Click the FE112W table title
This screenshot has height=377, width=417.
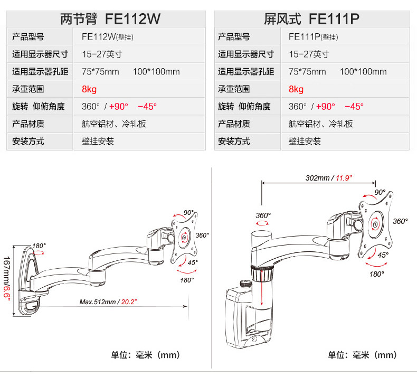(x=110, y=18)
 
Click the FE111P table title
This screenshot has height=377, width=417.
(x=311, y=18)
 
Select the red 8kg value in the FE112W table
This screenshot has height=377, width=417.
(x=89, y=89)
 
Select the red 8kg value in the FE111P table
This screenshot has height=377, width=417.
(x=296, y=89)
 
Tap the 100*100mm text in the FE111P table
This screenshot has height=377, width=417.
(x=363, y=72)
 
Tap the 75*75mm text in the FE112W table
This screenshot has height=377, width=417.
(x=100, y=72)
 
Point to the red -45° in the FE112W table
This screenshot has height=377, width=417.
(x=147, y=107)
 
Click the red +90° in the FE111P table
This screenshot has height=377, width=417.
(x=325, y=107)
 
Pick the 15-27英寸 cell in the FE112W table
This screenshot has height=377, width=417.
(x=102, y=54)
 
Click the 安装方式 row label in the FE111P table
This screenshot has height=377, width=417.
(x=234, y=142)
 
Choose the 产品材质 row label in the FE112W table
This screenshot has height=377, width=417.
(x=28, y=124)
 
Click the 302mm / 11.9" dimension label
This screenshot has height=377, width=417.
(x=329, y=178)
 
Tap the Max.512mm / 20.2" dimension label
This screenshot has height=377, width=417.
(x=108, y=301)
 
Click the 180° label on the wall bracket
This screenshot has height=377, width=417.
(x=39, y=246)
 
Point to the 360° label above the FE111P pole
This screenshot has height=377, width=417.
(x=263, y=215)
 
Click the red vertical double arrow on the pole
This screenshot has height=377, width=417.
(x=262, y=287)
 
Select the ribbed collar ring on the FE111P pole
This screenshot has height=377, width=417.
(x=262, y=272)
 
